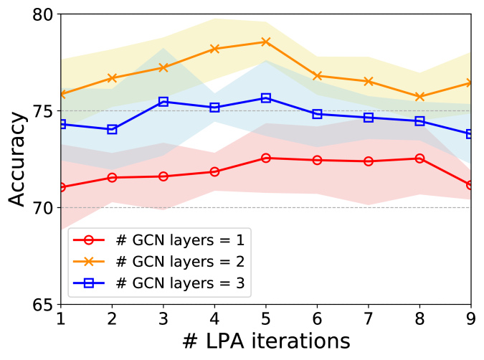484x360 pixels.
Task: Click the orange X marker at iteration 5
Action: (x=266, y=42)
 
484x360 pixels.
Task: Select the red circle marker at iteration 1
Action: (x=61, y=187)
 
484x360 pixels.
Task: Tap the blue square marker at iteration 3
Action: (x=163, y=102)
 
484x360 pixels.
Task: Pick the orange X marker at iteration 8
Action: (x=420, y=97)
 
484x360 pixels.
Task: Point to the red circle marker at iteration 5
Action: (x=266, y=158)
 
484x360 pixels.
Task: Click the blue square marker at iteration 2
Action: (x=113, y=129)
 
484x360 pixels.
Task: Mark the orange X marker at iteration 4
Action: (x=215, y=49)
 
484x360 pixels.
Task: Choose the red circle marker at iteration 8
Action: (x=420, y=158)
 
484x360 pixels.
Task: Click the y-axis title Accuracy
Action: (x=18, y=159)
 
